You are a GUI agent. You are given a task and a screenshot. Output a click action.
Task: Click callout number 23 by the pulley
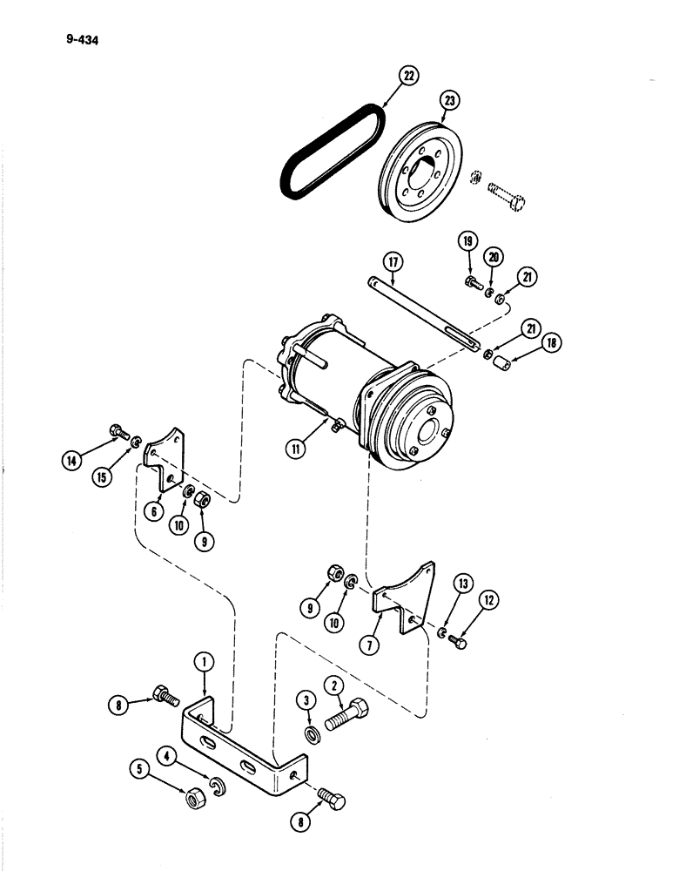[448, 102]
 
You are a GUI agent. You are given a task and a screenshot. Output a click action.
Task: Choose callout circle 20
[494, 257]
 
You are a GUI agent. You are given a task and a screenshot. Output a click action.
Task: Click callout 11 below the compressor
[299, 449]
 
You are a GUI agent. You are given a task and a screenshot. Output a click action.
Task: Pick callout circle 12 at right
[486, 600]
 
